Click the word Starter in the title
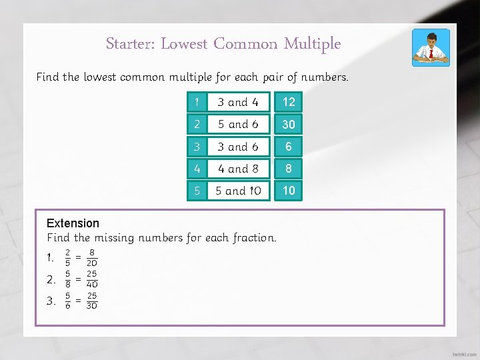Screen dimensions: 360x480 point(129,45)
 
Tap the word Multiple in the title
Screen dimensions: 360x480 point(312,45)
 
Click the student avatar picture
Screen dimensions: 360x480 point(430,47)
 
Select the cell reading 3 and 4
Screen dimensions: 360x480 point(238,102)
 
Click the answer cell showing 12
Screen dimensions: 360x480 point(289,102)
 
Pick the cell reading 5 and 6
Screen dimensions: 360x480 point(238,124)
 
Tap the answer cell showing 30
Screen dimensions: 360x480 point(289,124)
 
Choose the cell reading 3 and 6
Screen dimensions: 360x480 point(238,147)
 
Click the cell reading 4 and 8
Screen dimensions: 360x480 point(238,169)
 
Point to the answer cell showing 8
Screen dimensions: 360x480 point(289,169)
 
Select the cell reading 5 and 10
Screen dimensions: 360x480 point(238,191)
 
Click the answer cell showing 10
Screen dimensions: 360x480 point(289,191)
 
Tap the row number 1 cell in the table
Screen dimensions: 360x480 point(196,102)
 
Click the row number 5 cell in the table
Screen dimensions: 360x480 point(196,191)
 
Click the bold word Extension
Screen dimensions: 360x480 point(73,223)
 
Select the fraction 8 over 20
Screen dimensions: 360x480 point(91,258)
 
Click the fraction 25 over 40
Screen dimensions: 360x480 point(91,279)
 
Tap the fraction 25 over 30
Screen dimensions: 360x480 point(91,301)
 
